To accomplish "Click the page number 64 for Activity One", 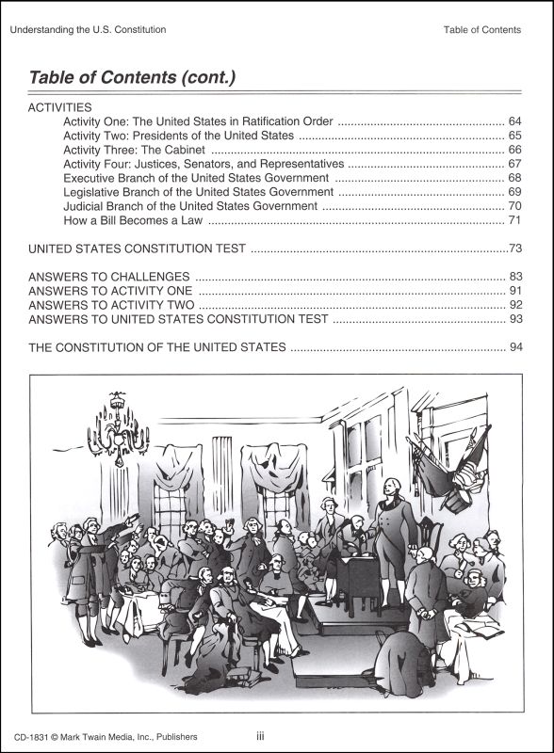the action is pyautogui.click(x=514, y=122).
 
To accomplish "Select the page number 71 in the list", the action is pyautogui.click(x=514, y=220).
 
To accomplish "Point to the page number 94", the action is pyautogui.click(x=514, y=347).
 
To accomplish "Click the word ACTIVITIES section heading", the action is pyautogui.click(x=60, y=108).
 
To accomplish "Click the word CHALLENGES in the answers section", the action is pyautogui.click(x=147, y=277).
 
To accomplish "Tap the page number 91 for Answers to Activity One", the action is pyautogui.click(x=514, y=291).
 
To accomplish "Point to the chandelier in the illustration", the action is pyautogui.click(x=116, y=428).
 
